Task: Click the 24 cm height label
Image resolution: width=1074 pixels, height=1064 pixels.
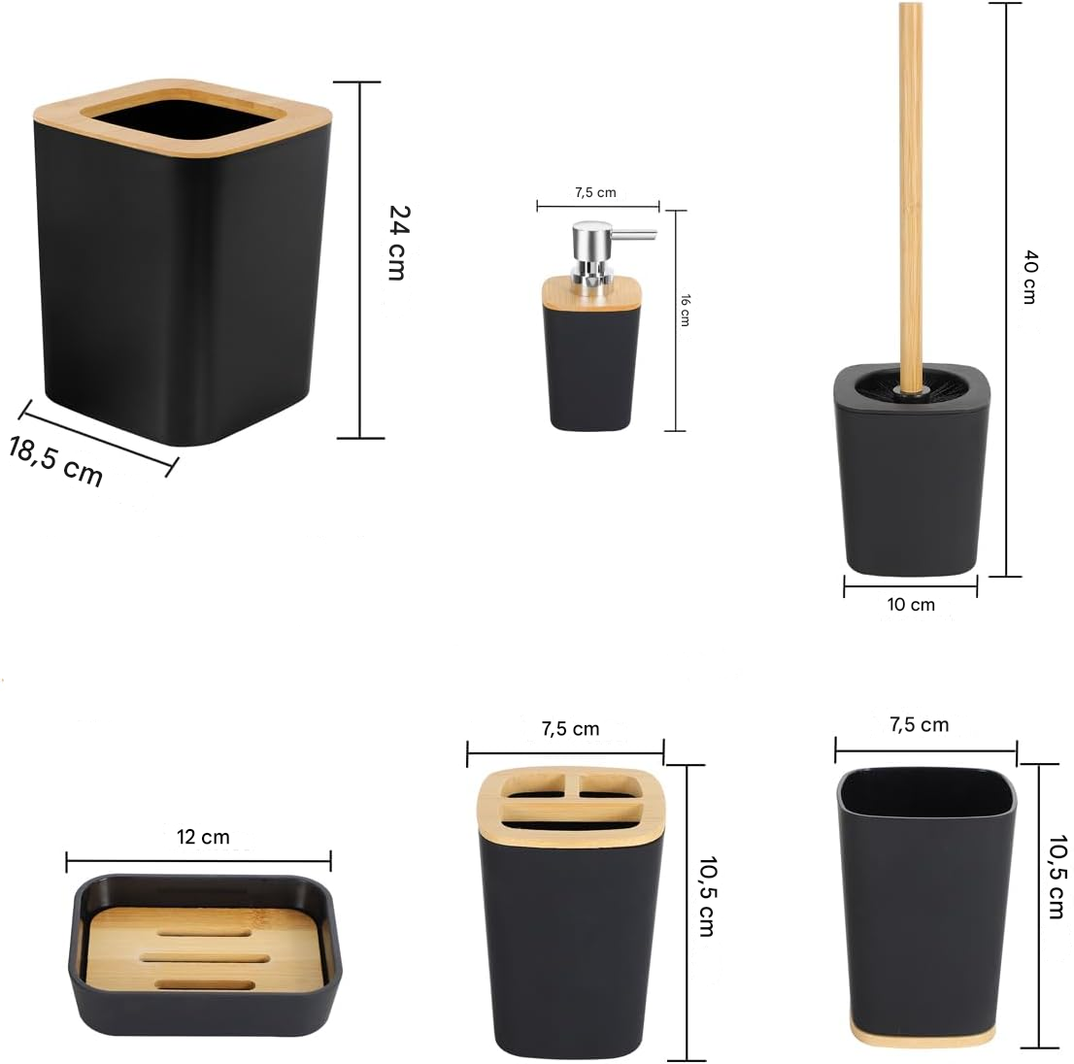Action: point(399,243)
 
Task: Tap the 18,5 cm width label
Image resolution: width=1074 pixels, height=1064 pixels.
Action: point(56,461)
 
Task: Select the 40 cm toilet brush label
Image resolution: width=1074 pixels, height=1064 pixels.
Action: point(1030,277)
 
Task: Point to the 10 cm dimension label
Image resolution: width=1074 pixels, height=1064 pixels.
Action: point(910,605)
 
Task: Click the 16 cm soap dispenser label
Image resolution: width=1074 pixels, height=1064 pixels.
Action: point(685,310)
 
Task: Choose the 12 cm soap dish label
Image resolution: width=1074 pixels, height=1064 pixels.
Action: point(203,837)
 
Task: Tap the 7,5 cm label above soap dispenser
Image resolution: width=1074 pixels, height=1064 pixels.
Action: point(595,192)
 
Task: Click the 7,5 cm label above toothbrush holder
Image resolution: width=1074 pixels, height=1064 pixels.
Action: point(570,728)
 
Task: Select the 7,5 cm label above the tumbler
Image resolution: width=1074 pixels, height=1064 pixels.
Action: point(920,724)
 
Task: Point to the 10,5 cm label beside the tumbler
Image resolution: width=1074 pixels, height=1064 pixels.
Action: point(1058,877)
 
